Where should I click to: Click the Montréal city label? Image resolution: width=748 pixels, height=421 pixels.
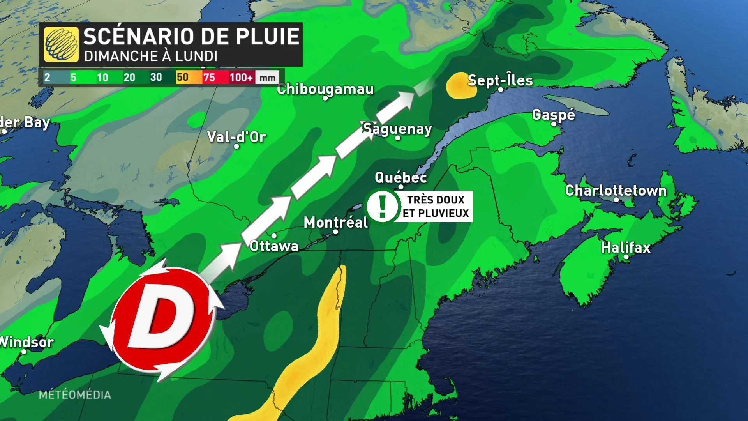point(335,223)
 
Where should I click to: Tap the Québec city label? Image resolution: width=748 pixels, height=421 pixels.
point(400,178)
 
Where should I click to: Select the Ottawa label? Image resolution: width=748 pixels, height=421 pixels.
point(274,246)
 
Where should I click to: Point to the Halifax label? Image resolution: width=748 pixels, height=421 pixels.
point(626,248)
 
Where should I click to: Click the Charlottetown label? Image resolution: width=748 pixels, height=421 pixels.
point(616,191)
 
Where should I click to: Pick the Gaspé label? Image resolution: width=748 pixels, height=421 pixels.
point(553,115)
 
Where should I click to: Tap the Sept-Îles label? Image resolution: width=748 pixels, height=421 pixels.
point(500,80)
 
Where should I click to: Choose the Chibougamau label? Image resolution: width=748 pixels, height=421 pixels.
point(325,89)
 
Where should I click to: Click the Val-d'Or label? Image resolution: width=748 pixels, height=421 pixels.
point(236,137)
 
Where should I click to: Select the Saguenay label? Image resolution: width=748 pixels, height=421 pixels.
point(397,129)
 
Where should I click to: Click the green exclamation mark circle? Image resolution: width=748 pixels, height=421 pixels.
point(383,206)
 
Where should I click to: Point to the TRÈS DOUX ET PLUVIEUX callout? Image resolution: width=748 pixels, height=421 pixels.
point(436,207)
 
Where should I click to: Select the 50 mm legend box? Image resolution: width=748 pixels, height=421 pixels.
point(182,77)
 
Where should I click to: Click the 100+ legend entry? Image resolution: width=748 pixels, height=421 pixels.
point(241,77)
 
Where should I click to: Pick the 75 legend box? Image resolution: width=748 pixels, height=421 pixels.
point(209,77)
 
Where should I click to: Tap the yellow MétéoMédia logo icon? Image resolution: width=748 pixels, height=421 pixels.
point(61,44)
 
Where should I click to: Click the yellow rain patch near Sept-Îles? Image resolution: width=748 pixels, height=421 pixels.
point(461,85)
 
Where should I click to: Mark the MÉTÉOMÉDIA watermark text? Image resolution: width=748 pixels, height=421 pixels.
point(75,395)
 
